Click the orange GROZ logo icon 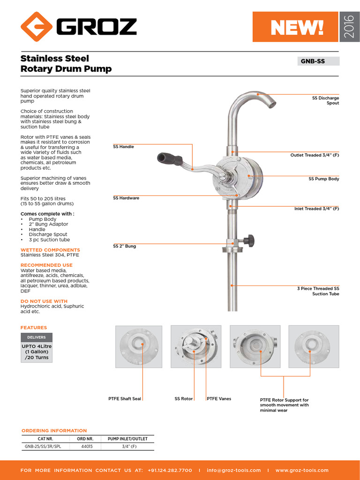point(37,27)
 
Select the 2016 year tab point(349,27)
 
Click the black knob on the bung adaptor point(251,240)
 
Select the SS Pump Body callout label point(323,179)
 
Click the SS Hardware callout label point(126,198)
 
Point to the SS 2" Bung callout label point(124,246)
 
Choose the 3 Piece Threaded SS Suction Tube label point(318,291)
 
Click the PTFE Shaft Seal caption point(125,399)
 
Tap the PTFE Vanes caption point(219,399)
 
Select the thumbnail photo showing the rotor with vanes point(196,346)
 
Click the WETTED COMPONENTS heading point(50,250)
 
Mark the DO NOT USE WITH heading point(44,301)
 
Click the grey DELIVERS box point(37,337)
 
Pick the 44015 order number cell point(84,447)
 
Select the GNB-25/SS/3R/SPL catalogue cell point(43,447)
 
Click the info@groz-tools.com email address point(233,470)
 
